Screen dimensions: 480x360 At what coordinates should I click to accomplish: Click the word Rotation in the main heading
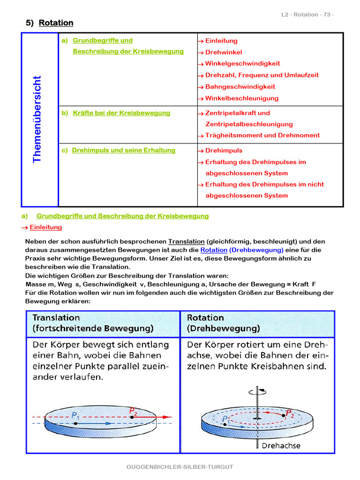(x=56, y=23)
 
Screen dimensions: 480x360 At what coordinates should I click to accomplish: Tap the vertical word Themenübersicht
(x=37, y=119)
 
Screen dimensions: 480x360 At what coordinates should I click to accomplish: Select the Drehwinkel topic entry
(x=224, y=52)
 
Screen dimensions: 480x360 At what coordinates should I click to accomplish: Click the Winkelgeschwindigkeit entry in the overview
(x=242, y=63)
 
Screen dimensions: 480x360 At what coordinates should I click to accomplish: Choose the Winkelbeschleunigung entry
(x=242, y=98)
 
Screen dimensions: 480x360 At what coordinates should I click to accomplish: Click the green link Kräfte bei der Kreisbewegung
(x=121, y=113)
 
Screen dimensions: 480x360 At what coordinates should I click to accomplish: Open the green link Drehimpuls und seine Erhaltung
(x=123, y=150)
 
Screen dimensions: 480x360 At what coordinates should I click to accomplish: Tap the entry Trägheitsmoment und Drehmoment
(x=262, y=135)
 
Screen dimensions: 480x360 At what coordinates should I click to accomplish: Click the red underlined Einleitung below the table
(x=45, y=227)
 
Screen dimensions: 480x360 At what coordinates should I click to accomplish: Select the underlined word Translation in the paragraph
(x=187, y=241)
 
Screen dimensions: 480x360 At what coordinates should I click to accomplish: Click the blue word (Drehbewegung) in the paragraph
(x=256, y=250)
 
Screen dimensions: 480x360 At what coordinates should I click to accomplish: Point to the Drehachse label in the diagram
(x=281, y=445)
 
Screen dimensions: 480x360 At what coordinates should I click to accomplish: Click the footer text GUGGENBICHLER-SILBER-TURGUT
(x=180, y=467)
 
